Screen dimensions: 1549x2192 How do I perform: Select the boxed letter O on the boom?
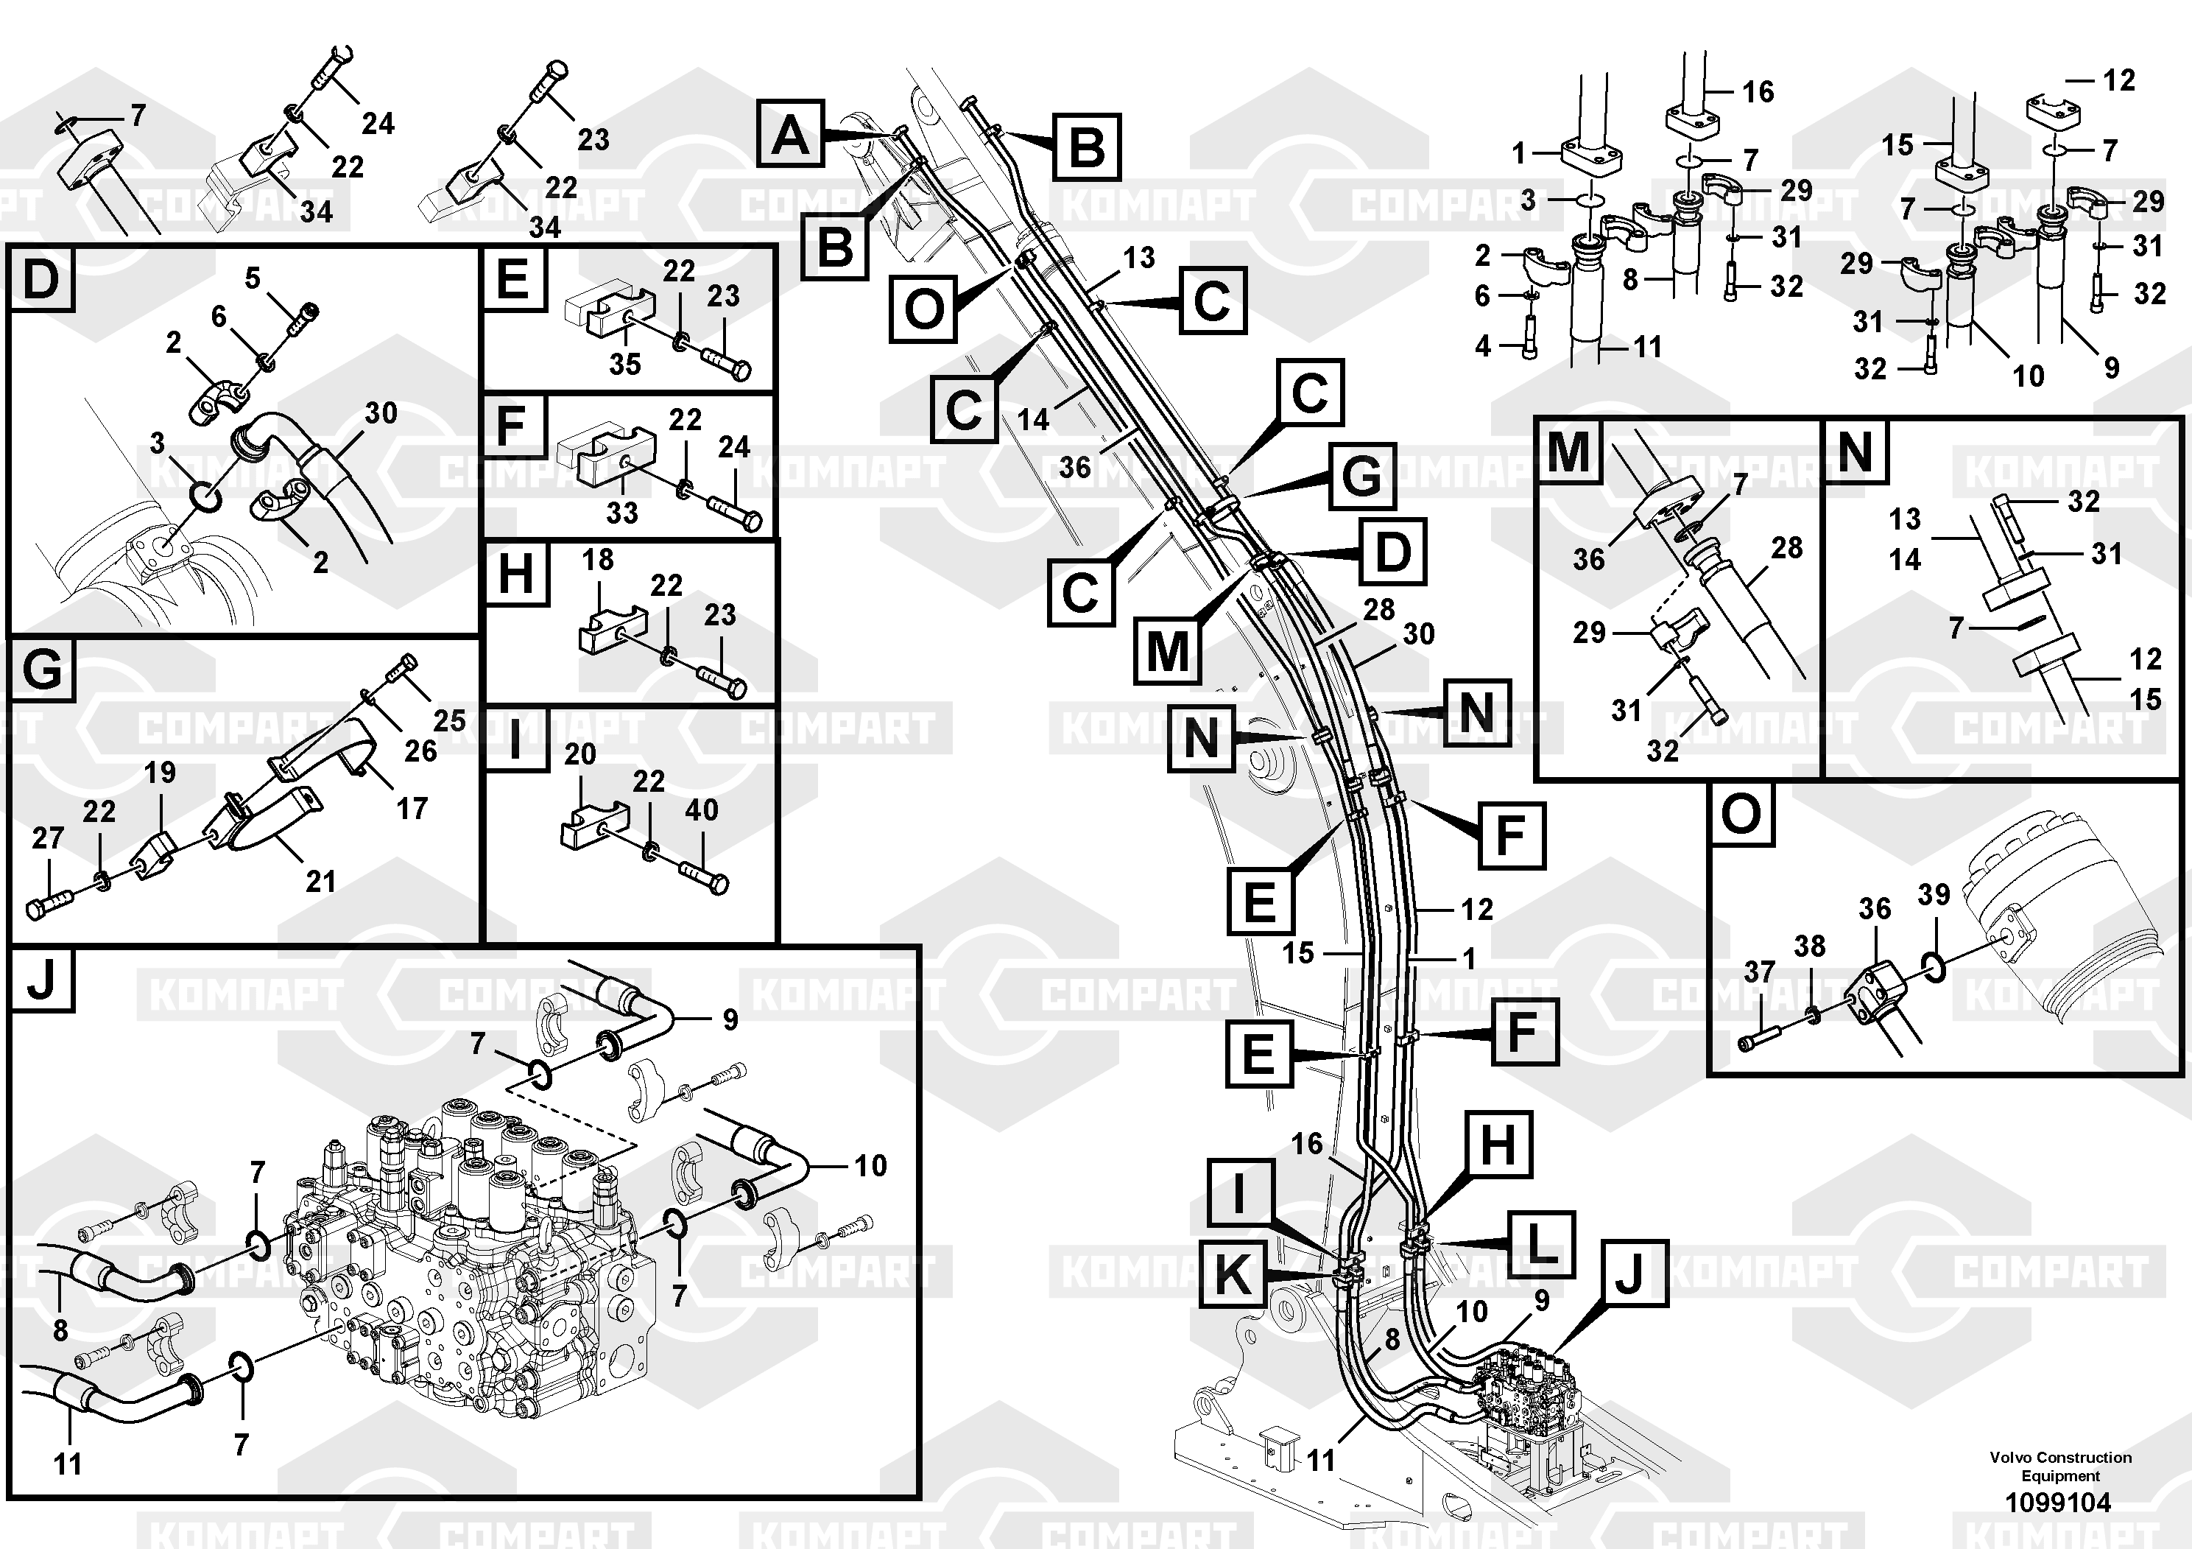pos(923,309)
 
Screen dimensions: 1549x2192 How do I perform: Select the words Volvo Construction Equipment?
pos(2060,1466)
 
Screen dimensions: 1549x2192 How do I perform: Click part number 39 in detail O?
pos(1934,895)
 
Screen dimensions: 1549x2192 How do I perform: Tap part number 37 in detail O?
pos(1760,972)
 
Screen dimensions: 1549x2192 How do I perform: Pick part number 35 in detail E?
pos(624,364)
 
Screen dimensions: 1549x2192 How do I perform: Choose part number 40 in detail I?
pos(702,809)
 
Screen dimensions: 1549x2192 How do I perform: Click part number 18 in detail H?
pos(598,560)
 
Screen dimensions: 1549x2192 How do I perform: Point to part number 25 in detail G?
pos(448,720)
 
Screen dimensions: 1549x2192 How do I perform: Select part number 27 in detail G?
pos(48,837)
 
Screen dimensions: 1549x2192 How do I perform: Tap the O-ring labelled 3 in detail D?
pos(206,495)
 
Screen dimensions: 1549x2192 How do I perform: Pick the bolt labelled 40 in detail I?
pos(704,877)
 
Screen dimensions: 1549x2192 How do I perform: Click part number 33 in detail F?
pos(621,513)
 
